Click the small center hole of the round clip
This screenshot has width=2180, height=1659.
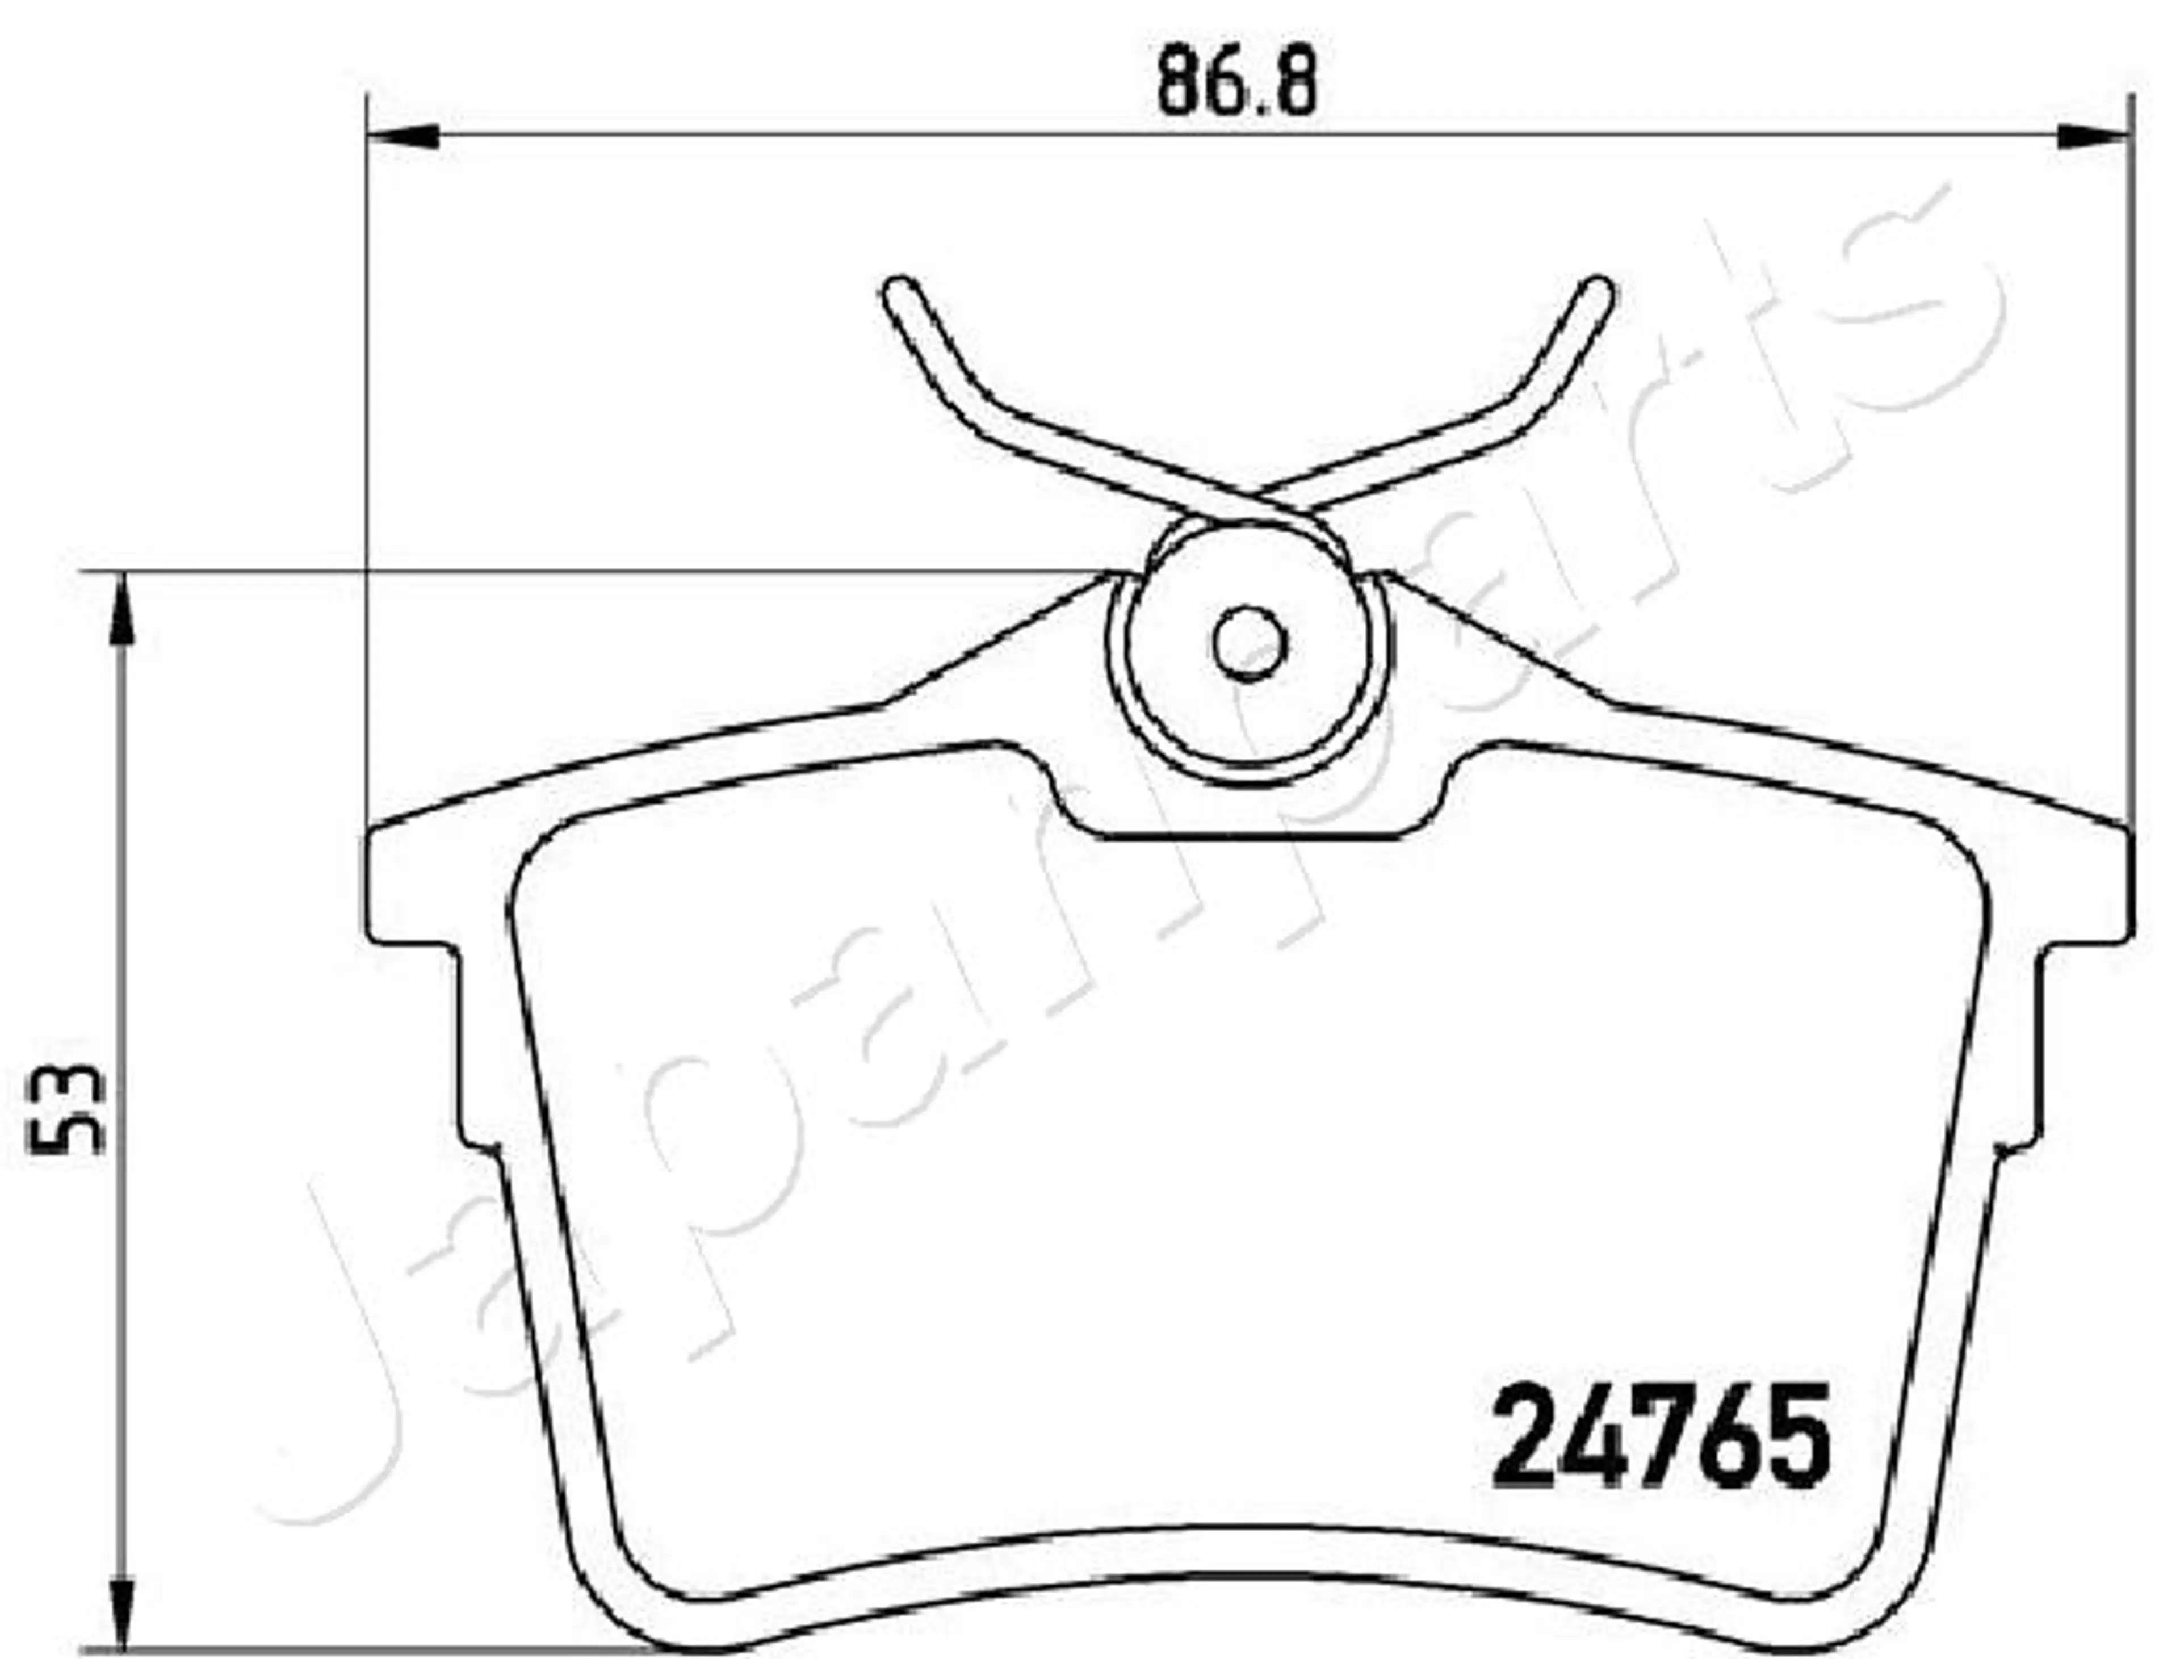click(1250, 643)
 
